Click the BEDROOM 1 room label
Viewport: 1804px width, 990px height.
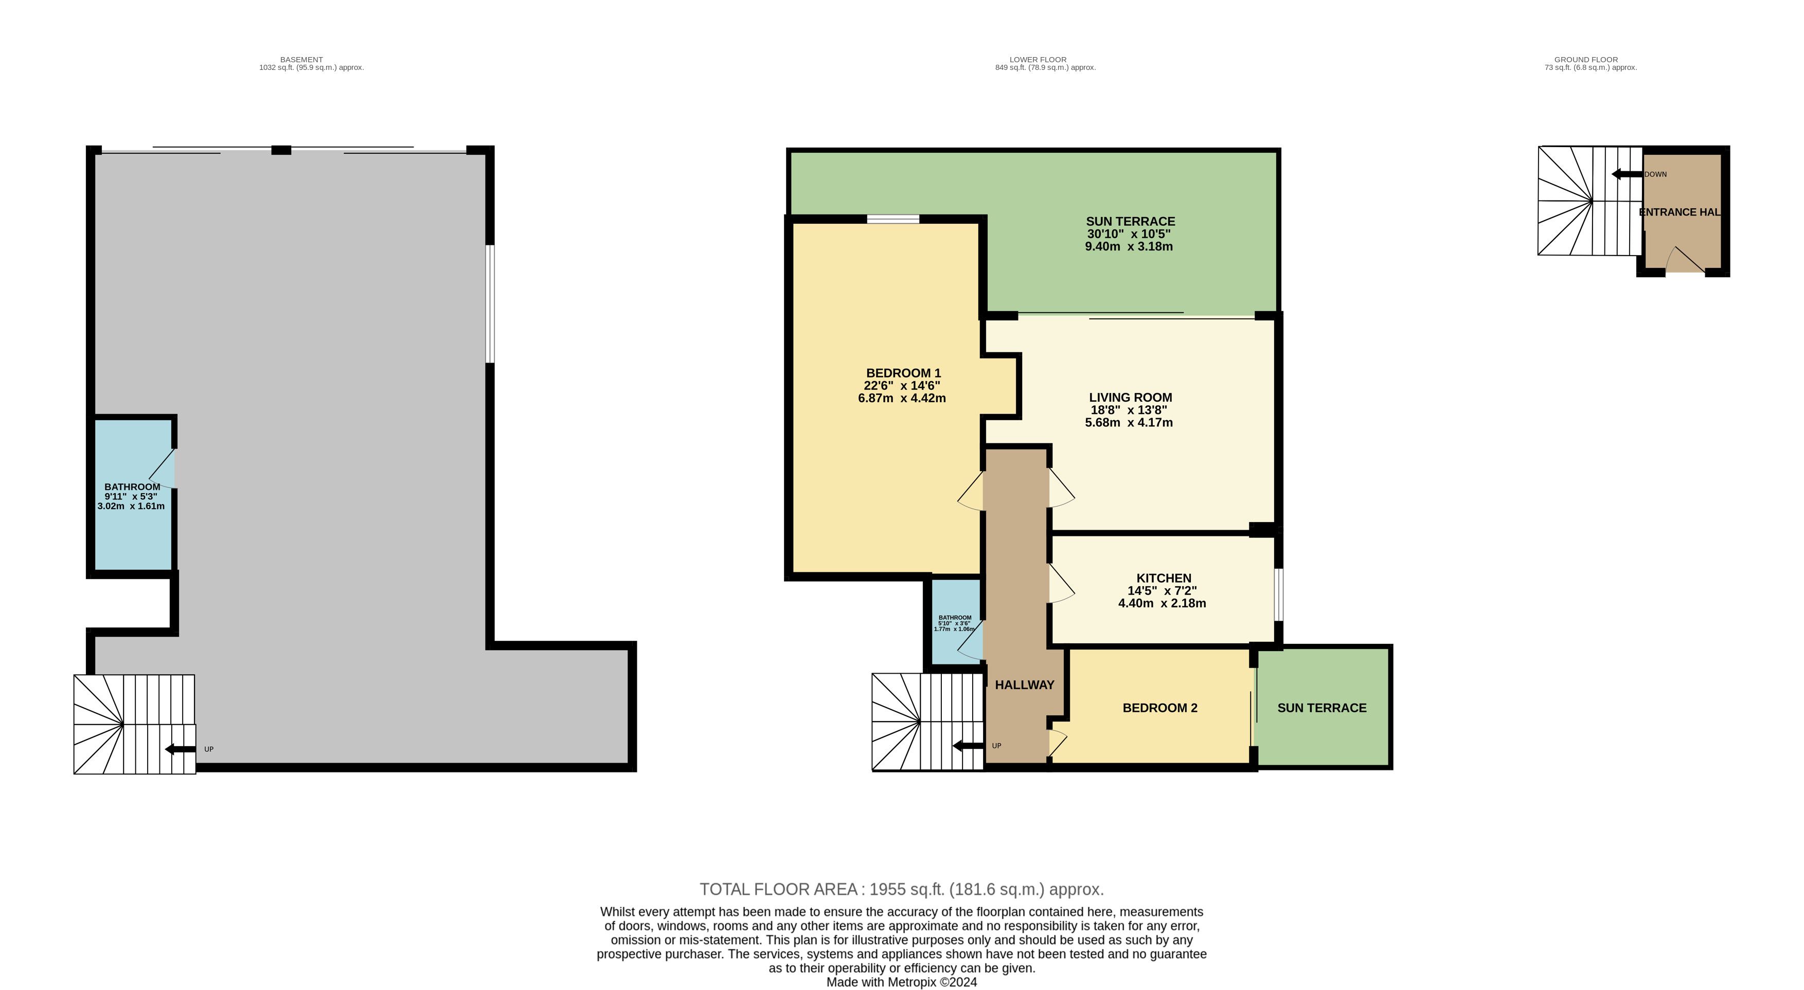[x=903, y=373]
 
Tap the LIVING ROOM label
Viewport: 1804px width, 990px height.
[x=1130, y=398]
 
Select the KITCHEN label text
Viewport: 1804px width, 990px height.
[x=1163, y=579]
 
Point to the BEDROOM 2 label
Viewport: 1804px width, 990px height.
[x=1159, y=708]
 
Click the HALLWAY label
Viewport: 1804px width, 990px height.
[x=1025, y=685]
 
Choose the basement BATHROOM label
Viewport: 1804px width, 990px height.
[x=132, y=487]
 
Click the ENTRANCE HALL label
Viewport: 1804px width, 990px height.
[x=1680, y=212]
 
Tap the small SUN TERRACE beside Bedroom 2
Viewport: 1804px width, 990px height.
[x=1322, y=708]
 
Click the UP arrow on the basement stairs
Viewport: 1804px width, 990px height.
[x=181, y=749]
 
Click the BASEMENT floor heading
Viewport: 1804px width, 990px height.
[x=302, y=60]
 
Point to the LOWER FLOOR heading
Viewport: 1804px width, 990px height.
[x=1038, y=60]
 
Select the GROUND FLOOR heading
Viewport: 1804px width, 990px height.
[x=1586, y=60]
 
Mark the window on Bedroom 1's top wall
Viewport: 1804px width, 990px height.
[x=893, y=219]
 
